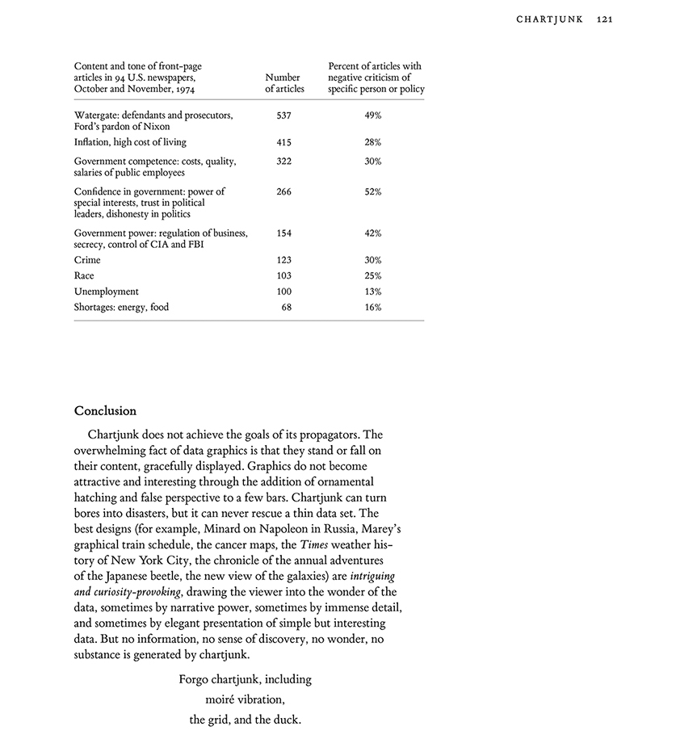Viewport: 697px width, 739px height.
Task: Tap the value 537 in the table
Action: pyautogui.click(x=283, y=115)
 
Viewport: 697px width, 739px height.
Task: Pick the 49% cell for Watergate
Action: pyautogui.click(x=372, y=115)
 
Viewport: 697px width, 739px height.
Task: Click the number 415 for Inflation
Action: pyautogui.click(x=283, y=142)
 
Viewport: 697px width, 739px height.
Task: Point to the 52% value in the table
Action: pyautogui.click(x=372, y=192)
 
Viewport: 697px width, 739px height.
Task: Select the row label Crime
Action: pyautogui.click(x=87, y=260)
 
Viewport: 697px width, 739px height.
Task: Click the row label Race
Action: pyautogui.click(x=84, y=275)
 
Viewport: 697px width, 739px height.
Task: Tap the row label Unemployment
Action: pyautogui.click(x=106, y=292)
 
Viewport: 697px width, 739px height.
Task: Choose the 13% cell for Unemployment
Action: pyautogui.click(x=372, y=292)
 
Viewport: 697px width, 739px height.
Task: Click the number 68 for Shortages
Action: pyautogui.click(x=287, y=307)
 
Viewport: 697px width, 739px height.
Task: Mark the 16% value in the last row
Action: pyautogui.click(x=372, y=307)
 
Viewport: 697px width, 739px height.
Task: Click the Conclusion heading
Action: pyautogui.click(x=105, y=411)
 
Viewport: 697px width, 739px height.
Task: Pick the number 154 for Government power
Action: pyautogui.click(x=283, y=233)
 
